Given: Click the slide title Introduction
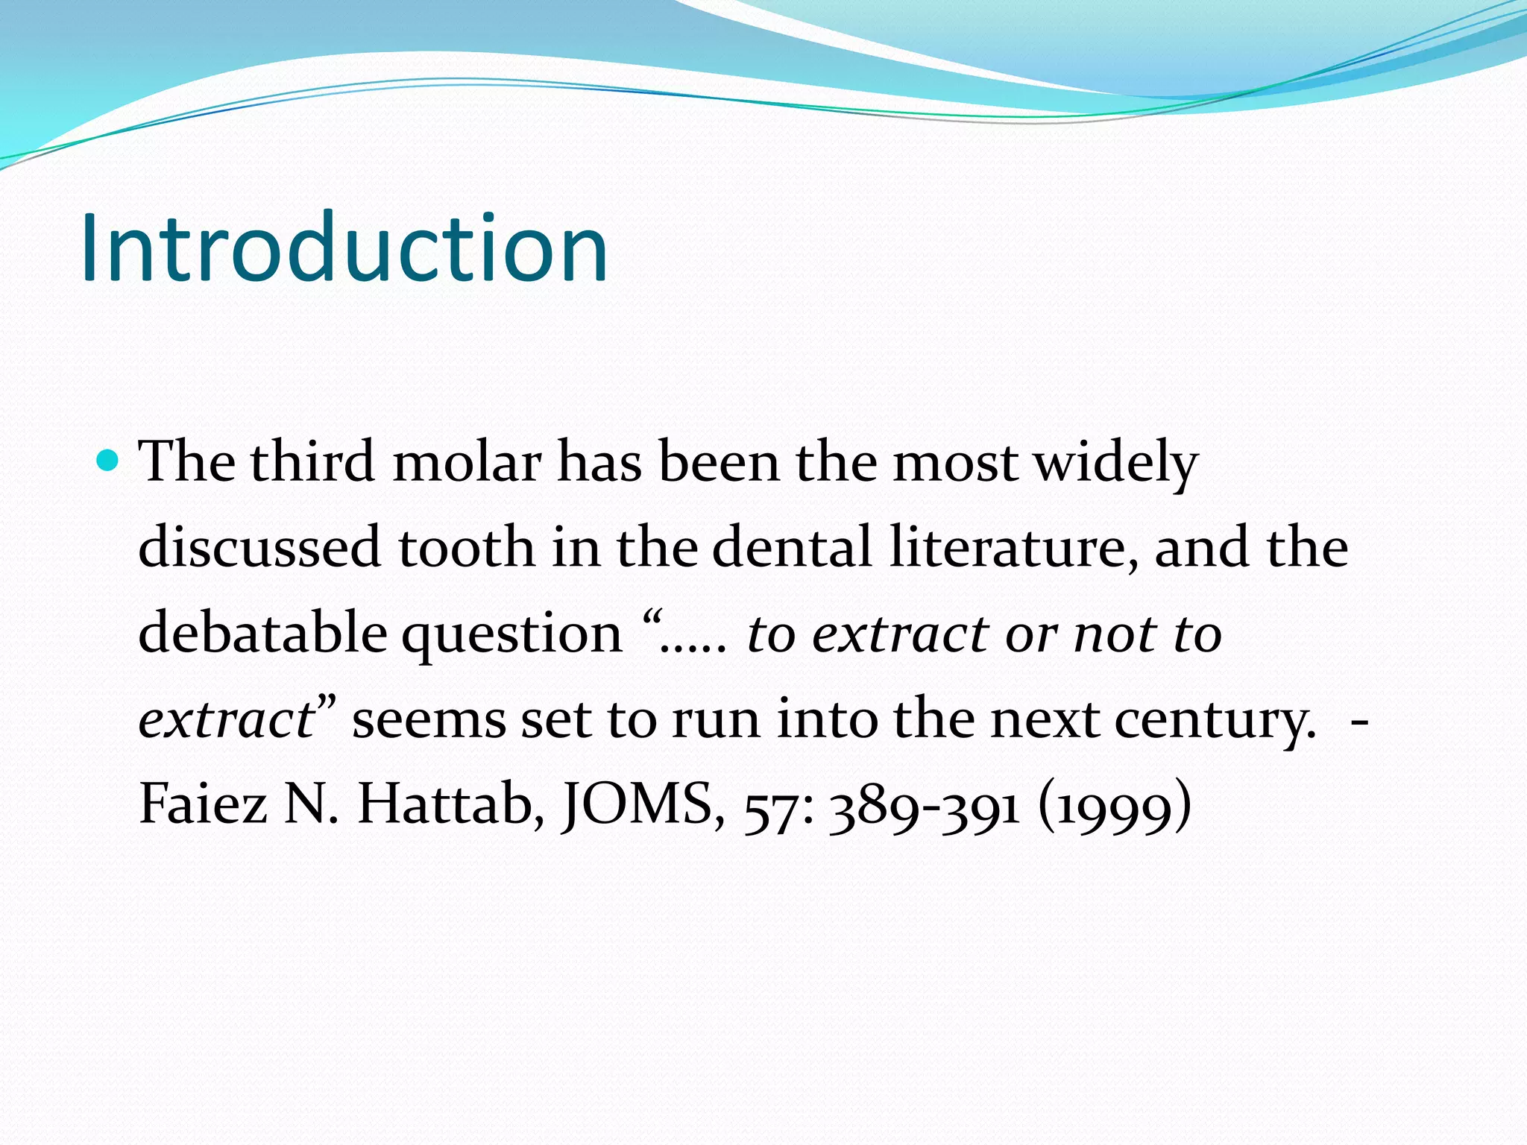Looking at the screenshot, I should (344, 247).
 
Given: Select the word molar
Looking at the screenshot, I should (467, 462).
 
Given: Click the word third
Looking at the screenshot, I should (312, 462).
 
